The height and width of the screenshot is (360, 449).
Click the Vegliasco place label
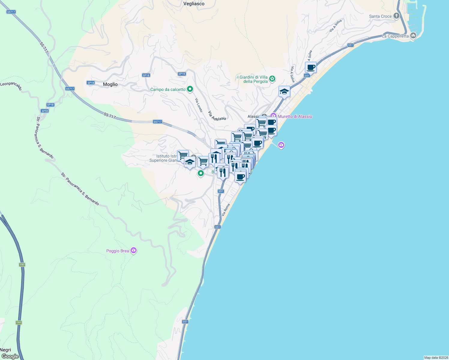point(194,4)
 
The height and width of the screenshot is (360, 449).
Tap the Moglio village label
point(110,84)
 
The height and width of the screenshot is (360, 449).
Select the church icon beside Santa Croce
point(396,16)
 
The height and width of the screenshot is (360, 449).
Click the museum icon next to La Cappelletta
point(413,36)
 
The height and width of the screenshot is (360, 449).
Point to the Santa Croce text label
point(380,16)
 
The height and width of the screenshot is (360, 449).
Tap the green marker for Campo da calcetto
point(190,89)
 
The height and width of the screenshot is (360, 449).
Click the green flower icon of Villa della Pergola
point(272,79)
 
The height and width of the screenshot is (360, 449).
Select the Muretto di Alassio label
point(295,116)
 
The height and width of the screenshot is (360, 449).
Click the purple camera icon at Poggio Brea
point(134,250)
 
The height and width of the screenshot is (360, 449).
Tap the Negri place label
point(5,350)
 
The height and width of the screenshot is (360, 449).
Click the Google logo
point(10,356)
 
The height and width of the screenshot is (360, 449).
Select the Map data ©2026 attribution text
point(436,358)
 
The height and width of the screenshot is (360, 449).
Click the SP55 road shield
point(45,111)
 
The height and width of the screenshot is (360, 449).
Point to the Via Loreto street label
point(199,105)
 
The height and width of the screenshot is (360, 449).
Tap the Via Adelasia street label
point(217,116)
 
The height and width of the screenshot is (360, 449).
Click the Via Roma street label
point(225,210)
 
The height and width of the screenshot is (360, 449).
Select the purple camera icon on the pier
point(281,145)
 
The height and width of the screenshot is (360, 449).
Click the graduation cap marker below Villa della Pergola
point(284,92)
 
